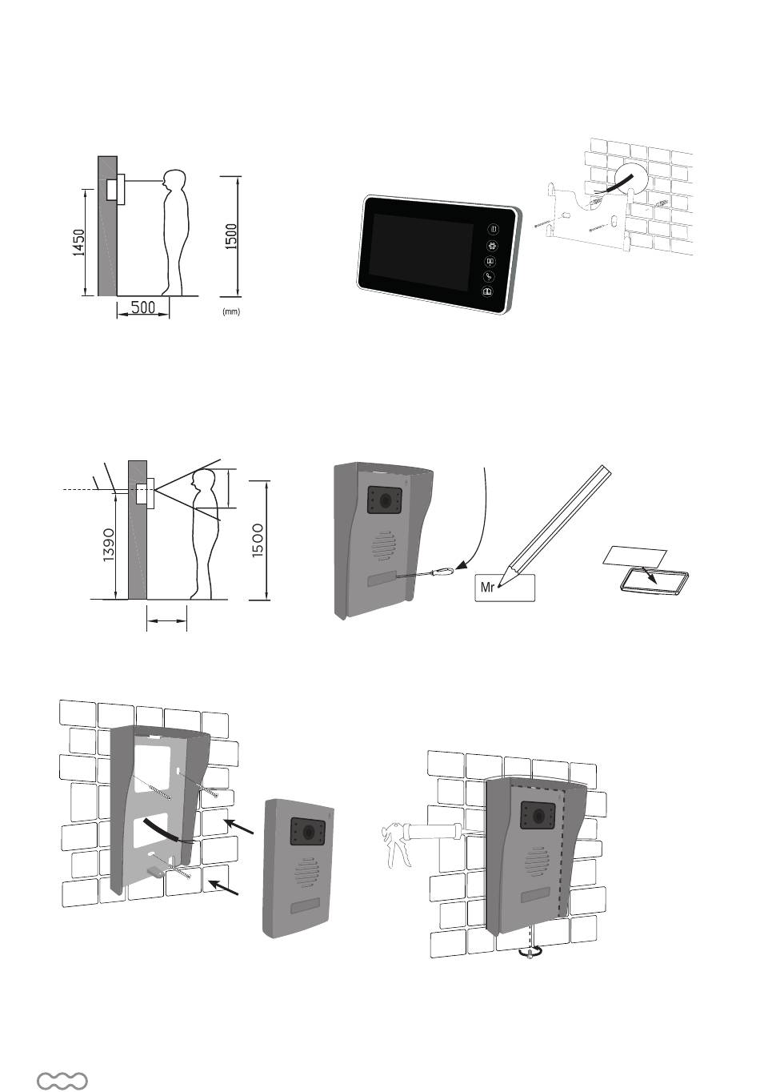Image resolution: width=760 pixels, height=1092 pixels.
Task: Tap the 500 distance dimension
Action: click(142, 307)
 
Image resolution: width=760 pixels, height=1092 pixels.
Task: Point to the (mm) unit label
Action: click(231, 312)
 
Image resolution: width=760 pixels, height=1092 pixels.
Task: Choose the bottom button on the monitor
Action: click(486, 292)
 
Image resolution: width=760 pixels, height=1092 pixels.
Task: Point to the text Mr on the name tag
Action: click(488, 587)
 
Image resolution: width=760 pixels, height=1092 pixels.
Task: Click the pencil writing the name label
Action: click(560, 520)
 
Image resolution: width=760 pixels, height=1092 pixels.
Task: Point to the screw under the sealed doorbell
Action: click(529, 953)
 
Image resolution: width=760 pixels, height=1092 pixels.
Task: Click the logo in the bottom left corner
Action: click(62, 1081)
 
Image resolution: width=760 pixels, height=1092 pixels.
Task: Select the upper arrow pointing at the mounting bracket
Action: click(241, 826)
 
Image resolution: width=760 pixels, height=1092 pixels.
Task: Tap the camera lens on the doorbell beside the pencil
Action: click(386, 502)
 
